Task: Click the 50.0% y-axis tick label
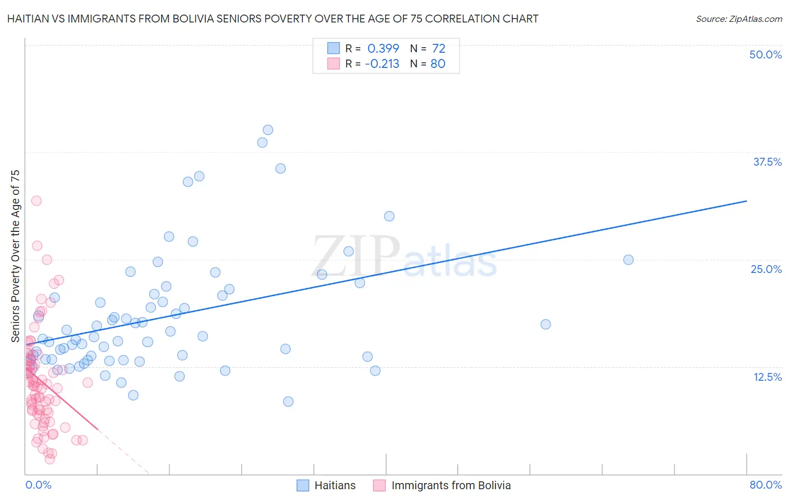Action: point(765,54)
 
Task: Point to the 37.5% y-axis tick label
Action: point(767,162)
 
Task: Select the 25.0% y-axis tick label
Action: point(766,269)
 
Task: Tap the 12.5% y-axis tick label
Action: point(767,377)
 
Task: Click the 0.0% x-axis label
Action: point(38,485)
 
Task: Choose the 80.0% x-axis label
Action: point(765,485)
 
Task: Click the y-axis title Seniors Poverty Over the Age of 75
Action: point(15,256)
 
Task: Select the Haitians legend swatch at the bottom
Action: point(303,485)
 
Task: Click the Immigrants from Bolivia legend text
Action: point(451,485)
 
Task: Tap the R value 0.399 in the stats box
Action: point(383,48)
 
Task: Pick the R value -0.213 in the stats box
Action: point(382,63)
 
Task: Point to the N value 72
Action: point(438,48)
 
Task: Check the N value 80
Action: point(438,63)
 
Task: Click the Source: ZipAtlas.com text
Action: point(738,19)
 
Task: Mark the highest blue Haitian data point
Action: point(268,130)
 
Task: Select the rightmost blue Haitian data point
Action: point(629,259)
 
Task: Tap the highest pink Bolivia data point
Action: point(36,201)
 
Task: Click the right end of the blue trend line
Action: point(746,201)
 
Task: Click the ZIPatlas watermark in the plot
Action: point(404,257)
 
